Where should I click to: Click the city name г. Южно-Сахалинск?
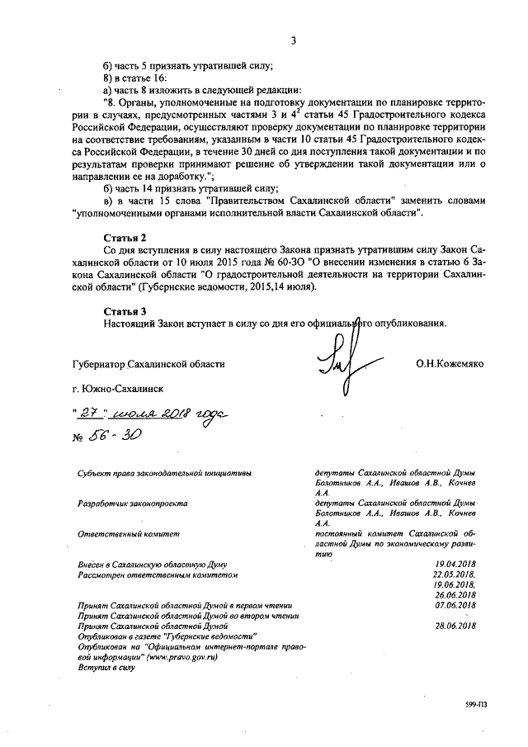[118, 387]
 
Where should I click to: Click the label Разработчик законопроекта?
[132, 503]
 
